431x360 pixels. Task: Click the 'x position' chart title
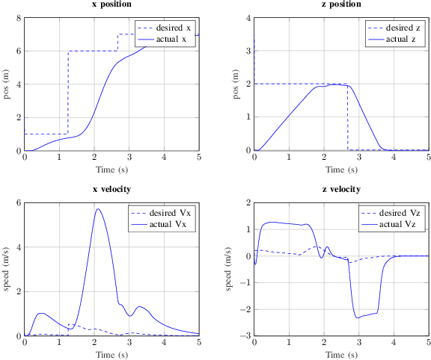[111, 4]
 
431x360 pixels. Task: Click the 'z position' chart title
[341, 4]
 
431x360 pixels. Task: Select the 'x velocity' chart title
[111, 190]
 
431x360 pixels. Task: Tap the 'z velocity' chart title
[341, 190]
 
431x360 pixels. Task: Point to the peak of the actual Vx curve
[97, 209]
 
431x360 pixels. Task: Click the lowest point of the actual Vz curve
[358, 318]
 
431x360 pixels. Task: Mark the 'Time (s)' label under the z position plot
[341, 170]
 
